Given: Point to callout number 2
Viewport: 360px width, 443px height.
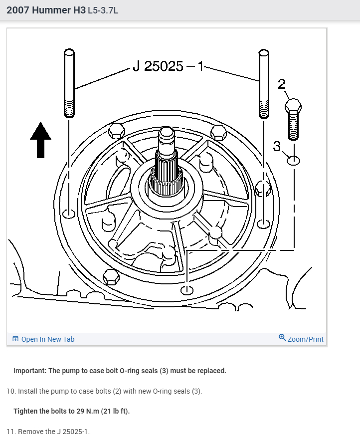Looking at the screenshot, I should (281, 83).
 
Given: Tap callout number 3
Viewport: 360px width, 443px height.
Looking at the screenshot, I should (277, 146).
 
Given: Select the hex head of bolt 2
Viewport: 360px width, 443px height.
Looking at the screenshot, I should (293, 106).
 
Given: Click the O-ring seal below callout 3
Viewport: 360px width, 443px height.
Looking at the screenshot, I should (294, 160).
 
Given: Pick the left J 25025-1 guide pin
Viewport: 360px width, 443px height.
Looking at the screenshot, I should (69, 83).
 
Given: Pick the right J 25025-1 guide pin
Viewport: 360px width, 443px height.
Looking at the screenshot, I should (264, 83).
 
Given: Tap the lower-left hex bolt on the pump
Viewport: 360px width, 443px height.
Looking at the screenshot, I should (110, 276).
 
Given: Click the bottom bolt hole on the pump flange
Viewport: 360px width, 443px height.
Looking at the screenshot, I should (187, 290).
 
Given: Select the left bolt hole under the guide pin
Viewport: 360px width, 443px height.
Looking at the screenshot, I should (69, 214).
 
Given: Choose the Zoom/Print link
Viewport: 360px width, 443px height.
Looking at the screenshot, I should (301, 339).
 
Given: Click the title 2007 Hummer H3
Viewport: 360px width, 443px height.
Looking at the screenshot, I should (46, 10).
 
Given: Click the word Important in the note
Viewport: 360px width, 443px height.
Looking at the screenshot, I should (29, 371).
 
